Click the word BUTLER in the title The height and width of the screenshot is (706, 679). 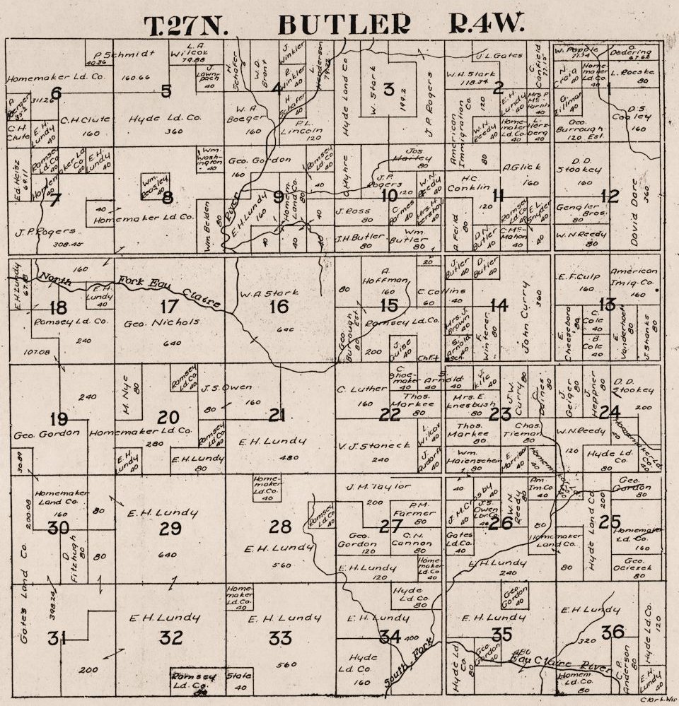pyautogui.click(x=344, y=25)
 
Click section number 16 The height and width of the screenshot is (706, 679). pyautogui.click(x=279, y=306)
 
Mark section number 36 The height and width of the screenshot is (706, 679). pyautogui.click(x=613, y=631)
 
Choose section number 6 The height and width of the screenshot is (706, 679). pyautogui.click(x=56, y=92)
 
